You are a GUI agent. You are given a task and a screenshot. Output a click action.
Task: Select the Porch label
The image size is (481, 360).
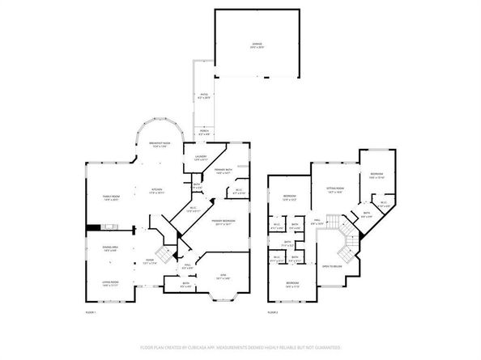[203, 133]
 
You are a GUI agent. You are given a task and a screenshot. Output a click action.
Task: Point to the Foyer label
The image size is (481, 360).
[147, 261]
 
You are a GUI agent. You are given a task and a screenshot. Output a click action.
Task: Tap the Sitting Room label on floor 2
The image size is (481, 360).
[335, 191]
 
